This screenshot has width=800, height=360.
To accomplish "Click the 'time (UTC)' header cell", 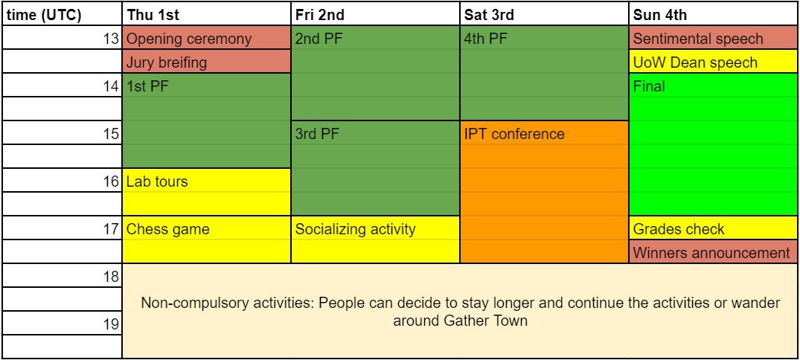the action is [61, 14].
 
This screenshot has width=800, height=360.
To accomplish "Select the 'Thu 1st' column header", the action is [206, 14].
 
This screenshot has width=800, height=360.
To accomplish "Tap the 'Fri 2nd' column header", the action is [375, 14].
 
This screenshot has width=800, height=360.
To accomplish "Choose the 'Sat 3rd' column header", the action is [544, 14].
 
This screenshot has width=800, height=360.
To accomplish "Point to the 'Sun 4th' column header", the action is [713, 14].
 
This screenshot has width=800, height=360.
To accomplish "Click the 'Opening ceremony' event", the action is [206, 38].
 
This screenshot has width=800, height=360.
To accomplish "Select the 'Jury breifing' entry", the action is [206, 62].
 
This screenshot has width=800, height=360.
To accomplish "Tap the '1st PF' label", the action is [147, 86].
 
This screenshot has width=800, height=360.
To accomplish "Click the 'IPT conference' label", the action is [514, 134].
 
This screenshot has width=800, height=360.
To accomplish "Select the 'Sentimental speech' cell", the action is [713, 38].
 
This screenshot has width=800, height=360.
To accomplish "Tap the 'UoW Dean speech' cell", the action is [713, 62].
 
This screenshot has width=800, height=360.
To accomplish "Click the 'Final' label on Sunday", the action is [649, 86].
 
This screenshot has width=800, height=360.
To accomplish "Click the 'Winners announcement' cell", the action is [713, 252].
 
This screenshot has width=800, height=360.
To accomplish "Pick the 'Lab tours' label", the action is [157, 181].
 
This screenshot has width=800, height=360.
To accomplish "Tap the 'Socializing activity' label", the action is [356, 229].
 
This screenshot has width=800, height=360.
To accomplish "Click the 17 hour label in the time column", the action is [112, 229].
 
